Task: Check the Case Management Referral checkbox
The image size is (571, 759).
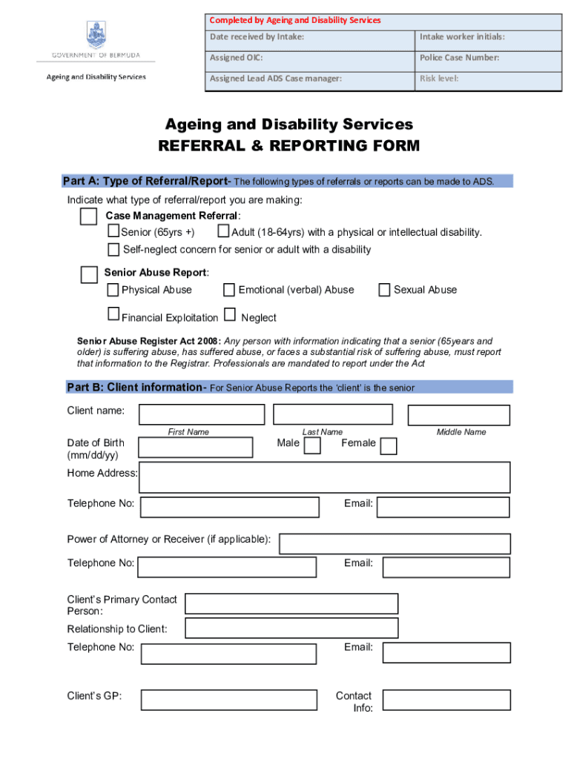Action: coord(88,216)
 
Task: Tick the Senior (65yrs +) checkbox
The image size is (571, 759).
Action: coord(114,232)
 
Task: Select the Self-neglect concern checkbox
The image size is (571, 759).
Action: coord(113,249)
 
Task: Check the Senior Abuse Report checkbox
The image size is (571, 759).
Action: coord(89,275)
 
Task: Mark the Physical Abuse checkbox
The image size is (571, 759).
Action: coord(113,290)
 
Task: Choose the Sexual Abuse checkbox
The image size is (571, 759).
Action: coord(384,290)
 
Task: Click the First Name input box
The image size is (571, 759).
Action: coord(201,414)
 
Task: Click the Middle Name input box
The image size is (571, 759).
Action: coord(458,415)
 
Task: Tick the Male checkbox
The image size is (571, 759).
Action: coord(313,445)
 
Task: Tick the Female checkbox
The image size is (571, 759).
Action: coord(388,445)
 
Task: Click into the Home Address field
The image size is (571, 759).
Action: coord(324,477)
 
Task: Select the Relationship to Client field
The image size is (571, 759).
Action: coord(291,629)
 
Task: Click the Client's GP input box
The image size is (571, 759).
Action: coord(230,700)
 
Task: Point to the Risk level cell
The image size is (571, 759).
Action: coord(488,79)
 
